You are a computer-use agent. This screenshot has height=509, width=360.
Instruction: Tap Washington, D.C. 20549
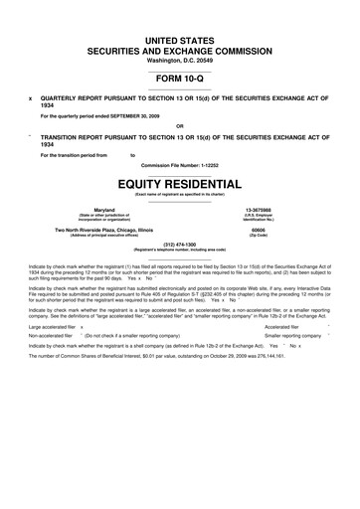point(179,59)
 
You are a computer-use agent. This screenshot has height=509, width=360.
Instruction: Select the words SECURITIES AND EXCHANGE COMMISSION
point(179,47)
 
